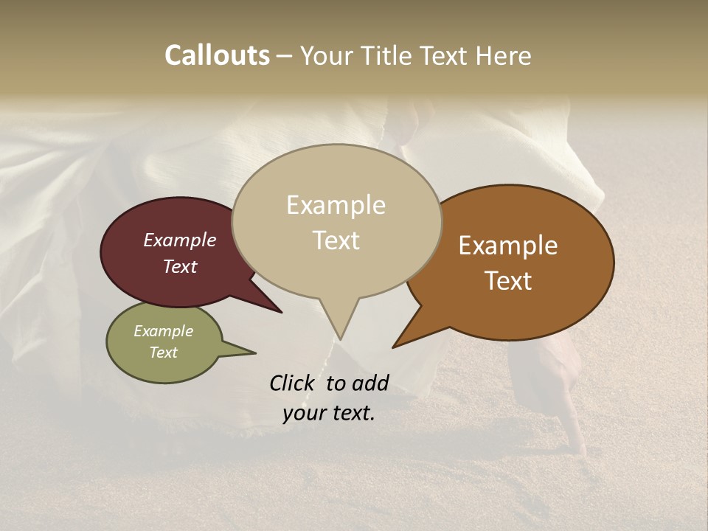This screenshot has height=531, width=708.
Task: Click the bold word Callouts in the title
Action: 217,56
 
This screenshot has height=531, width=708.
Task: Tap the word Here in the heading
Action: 502,56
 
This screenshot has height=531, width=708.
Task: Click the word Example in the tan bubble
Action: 336,205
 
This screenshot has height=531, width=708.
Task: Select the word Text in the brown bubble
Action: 508,281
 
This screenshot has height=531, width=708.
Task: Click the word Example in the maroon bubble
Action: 179,240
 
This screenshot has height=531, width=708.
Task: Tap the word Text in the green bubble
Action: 164,353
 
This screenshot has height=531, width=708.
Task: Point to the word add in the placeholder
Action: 370,383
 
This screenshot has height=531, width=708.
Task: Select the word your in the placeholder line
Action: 305,414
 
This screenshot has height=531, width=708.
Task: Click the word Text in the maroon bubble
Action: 180,266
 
